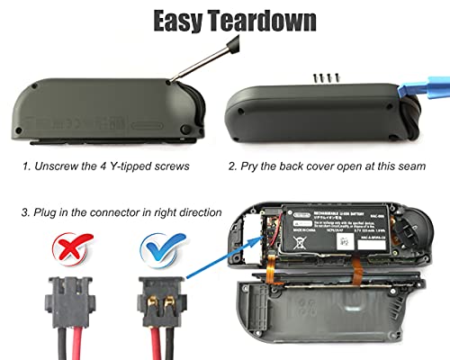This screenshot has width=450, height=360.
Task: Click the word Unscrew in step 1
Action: (x=58, y=167)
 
